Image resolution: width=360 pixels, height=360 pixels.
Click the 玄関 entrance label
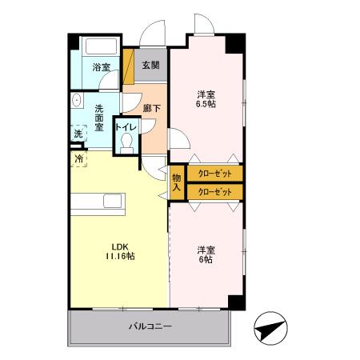150,65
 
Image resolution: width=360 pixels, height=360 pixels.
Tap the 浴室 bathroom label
102,67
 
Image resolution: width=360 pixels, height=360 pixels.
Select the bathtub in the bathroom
101,46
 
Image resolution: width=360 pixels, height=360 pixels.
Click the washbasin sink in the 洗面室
77,100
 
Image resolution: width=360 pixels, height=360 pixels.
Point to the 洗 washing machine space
78,133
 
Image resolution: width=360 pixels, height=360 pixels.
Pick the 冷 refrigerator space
78,159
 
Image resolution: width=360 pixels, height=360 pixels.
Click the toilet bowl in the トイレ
126,143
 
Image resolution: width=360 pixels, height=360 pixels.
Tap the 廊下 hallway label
152,108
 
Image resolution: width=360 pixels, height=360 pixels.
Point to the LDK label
120,246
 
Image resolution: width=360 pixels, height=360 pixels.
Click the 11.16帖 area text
120,256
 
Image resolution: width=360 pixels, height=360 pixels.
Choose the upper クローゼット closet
215,174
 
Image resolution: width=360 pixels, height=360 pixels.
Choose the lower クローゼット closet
215,192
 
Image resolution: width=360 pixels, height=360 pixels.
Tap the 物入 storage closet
177,182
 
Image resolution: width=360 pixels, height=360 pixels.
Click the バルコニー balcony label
150,326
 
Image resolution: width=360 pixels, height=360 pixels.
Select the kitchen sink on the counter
113,201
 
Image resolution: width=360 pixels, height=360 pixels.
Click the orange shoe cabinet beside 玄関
129,66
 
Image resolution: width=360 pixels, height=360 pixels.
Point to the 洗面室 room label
99,118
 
